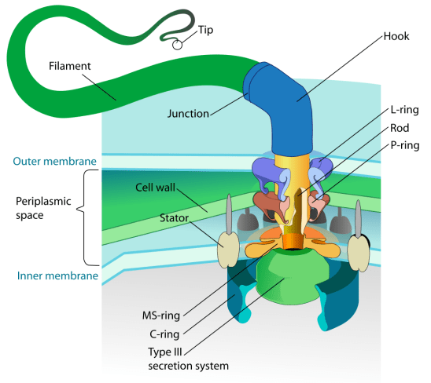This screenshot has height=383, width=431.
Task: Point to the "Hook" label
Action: [396, 36]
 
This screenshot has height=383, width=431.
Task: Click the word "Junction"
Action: [190, 113]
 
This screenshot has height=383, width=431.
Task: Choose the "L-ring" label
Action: [403, 112]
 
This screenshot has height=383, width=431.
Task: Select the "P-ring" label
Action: [403, 145]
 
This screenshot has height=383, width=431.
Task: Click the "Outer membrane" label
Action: [54, 162]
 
